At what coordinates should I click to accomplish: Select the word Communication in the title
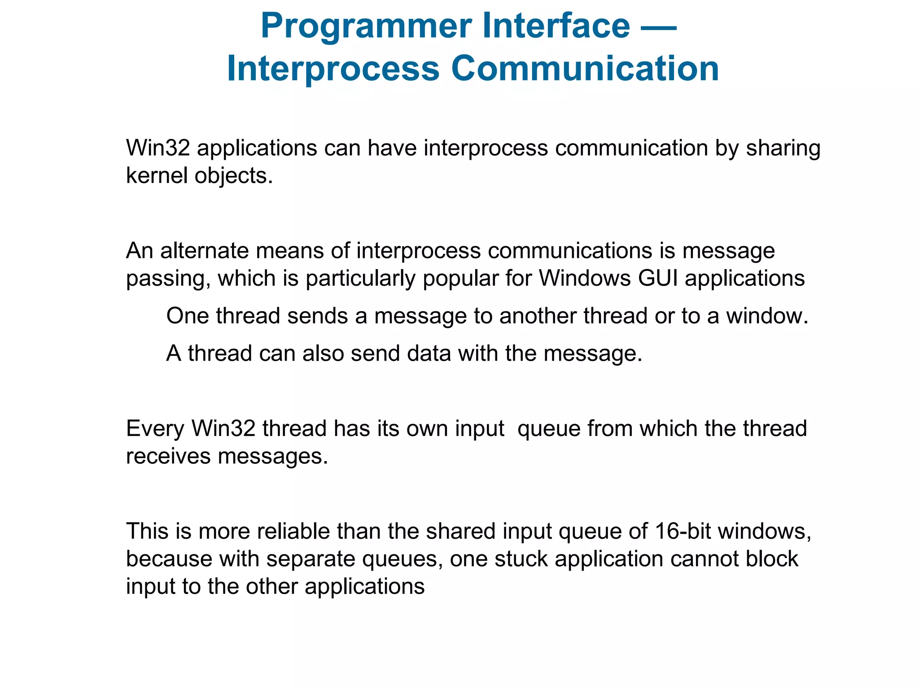585,69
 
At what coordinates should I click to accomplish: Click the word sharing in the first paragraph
783,148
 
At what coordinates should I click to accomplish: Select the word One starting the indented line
188,316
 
